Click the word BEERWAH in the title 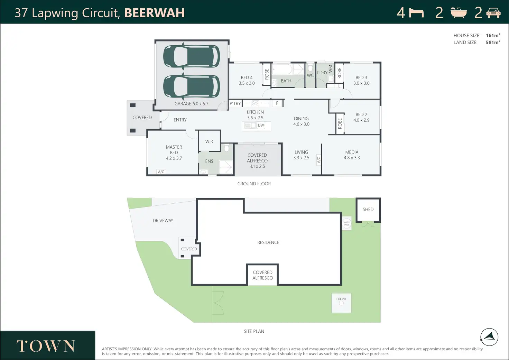click(x=154, y=13)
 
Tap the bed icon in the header click(x=416, y=13)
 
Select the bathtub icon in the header click(x=459, y=12)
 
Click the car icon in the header click(x=493, y=13)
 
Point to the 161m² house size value click(x=493, y=36)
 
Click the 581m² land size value click(x=493, y=43)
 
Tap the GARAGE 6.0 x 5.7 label click(x=191, y=104)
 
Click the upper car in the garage click(x=191, y=56)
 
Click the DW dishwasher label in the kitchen click(x=261, y=126)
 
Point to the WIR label click(x=209, y=141)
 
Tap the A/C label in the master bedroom click(x=161, y=172)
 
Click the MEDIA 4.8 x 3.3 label click(x=352, y=155)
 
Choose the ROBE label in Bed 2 click(x=340, y=123)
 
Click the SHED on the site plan click(x=368, y=210)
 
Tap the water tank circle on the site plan click(x=346, y=223)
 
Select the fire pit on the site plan click(x=341, y=303)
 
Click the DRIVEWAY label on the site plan click(x=163, y=221)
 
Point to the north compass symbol click(x=489, y=337)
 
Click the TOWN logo click(x=46, y=346)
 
